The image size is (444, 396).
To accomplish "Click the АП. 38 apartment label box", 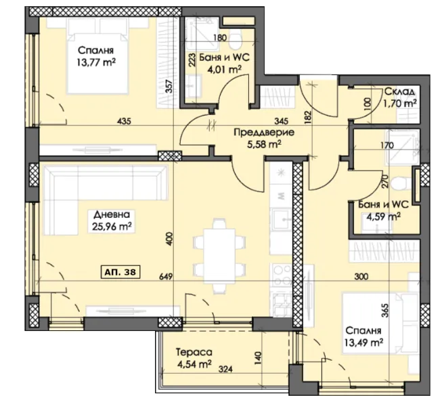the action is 120,272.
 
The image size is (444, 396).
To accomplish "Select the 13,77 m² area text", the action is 96,62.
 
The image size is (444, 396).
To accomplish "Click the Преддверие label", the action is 264,132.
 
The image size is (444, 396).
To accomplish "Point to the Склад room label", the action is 399,91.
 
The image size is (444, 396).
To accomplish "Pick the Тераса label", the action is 194,353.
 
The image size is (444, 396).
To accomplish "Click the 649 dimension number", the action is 166,276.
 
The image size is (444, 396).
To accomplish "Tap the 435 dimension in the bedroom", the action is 124,121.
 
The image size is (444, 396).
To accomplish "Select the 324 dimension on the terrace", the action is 225,369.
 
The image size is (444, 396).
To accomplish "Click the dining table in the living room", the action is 219,256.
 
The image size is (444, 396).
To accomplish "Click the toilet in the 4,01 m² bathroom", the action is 235,41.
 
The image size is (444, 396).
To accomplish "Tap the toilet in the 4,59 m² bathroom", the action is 399,183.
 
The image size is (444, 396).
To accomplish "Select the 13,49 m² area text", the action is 364,343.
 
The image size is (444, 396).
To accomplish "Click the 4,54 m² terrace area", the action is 194,364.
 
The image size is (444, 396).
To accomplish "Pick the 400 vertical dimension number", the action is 169,239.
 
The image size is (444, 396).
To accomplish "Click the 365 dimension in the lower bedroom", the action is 385,310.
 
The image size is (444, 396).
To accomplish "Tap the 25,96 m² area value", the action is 112,226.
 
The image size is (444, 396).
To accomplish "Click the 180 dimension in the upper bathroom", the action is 220,37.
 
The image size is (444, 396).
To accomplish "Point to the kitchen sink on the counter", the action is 281,219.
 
